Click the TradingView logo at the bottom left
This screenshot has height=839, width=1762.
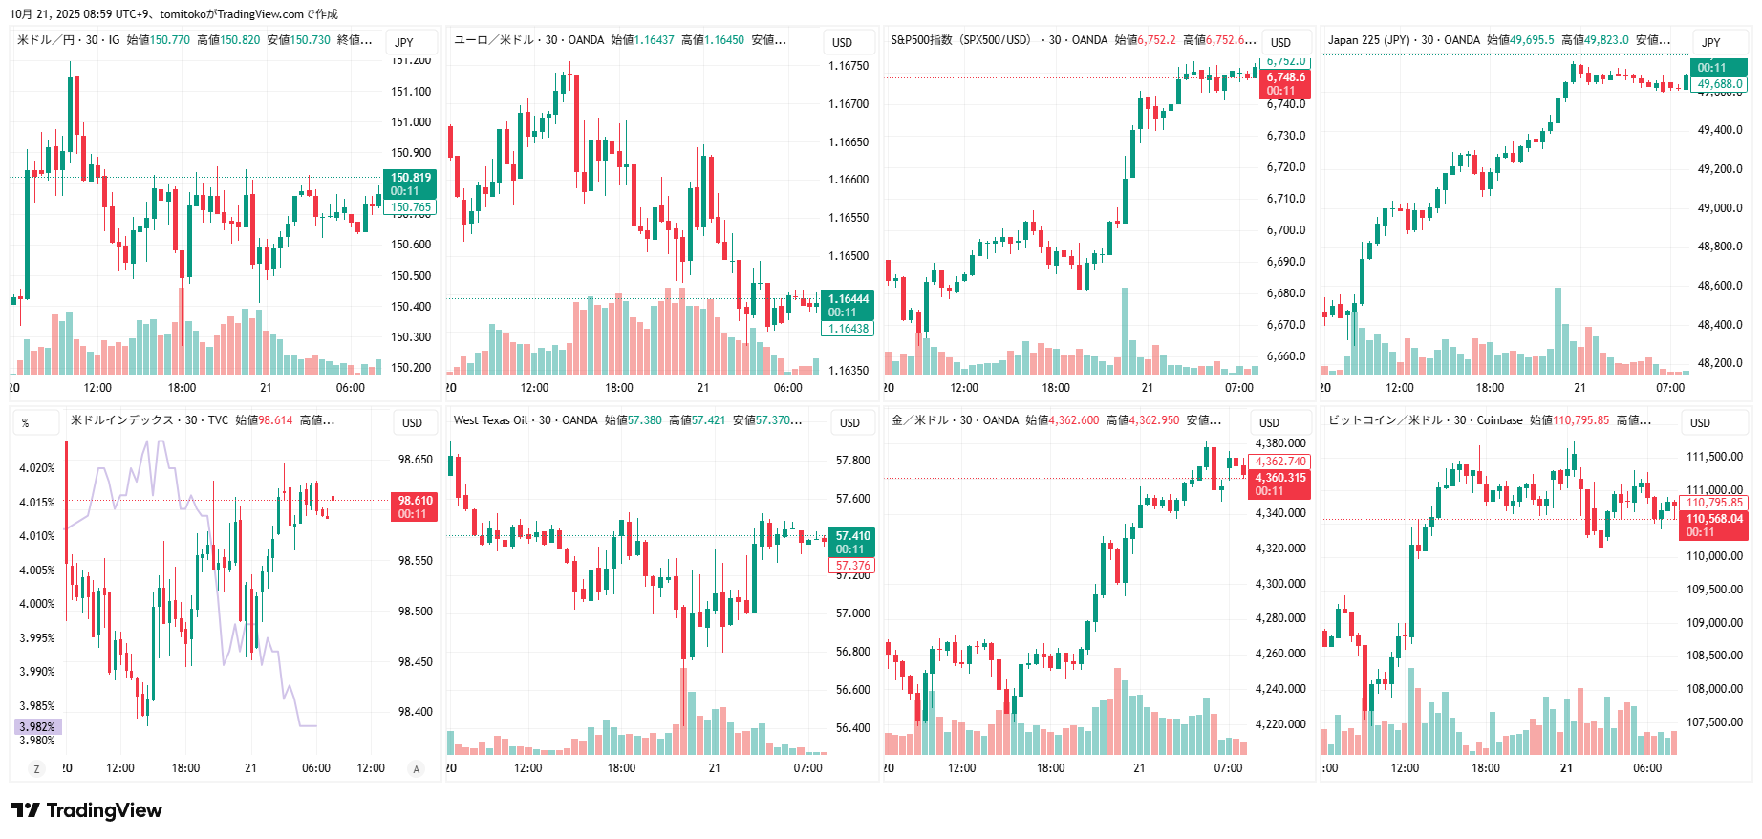click(87, 810)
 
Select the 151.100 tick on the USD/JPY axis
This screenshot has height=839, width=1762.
click(411, 92)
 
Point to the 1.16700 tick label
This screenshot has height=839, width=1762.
click(848, 104)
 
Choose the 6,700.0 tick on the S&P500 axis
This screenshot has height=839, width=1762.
click(1286, 230)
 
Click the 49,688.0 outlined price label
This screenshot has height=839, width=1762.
click(1720, 84)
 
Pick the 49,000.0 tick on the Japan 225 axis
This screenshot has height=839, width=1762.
click(1719, 208)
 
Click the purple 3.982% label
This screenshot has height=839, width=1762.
click(37, 727)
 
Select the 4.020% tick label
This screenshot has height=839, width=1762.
click(37, 468)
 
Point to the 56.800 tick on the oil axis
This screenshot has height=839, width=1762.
click(852, 652)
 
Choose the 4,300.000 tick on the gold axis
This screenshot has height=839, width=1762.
click(1280, 584)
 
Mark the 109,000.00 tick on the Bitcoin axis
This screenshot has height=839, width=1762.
click(1714, 623)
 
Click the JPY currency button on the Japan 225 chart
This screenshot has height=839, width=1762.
click(1710, 42)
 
